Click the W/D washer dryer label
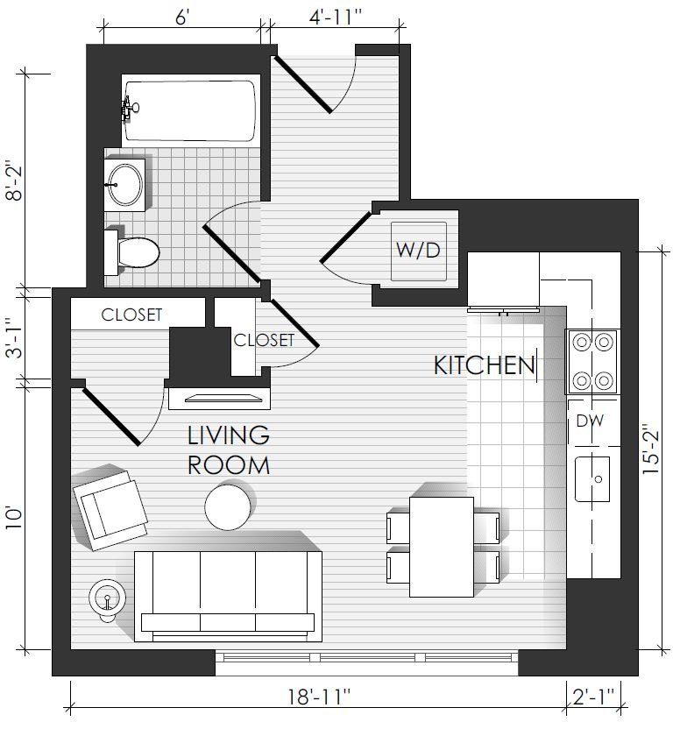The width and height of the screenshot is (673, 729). [418, 251]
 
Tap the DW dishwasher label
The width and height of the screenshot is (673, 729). [590, 421]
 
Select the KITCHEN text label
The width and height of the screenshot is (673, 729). [485, 365]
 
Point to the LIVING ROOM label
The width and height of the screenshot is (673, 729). [229, 450]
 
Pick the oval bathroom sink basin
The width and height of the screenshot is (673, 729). [124, 185]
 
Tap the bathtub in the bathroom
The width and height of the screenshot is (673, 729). [191, 111]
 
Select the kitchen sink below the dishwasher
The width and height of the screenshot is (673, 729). [592, 479]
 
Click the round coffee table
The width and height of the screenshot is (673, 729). [228, 506]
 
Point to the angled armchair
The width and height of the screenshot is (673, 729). [110, 510]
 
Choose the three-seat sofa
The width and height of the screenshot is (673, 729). [228, 597]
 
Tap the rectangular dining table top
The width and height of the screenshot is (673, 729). [442, 547]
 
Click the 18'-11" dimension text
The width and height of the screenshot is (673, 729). [319, 697]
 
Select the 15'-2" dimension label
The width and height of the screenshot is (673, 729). [651, 449]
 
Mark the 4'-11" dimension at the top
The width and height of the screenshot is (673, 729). [335, 18]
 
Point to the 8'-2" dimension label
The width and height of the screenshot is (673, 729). [14, 180]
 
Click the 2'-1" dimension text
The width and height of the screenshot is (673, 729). [593, 697]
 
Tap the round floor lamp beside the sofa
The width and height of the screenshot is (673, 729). [108, 598]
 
